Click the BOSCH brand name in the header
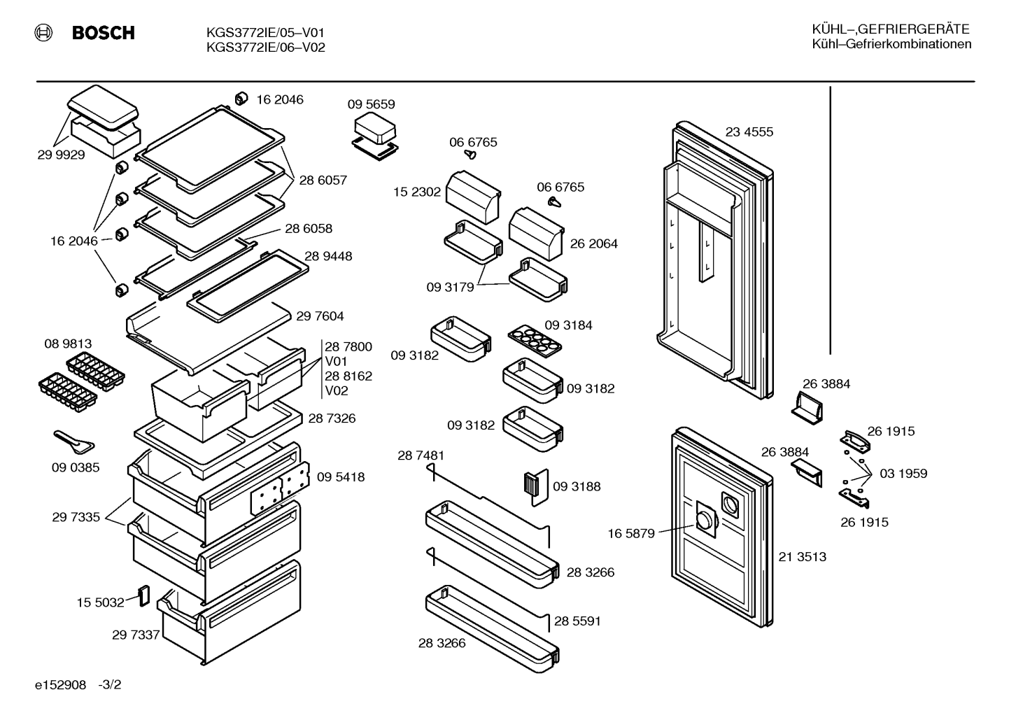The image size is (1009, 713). click(103, 33)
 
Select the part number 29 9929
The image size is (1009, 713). click(61, 155)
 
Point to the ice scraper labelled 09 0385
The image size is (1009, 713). click(74, 442)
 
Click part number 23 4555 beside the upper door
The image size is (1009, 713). click(749, 132)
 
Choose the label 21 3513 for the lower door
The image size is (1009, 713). click(803, 557)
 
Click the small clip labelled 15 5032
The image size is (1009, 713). click(144, 595)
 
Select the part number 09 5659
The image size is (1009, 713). click(371, 104)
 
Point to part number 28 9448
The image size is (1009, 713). click(328, 256)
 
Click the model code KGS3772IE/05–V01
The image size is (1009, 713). click(265, 33)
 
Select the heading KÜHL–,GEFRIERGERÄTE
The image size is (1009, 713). click(891, 29)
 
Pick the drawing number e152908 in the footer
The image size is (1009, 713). click(60, 685)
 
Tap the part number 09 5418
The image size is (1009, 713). click(341, 477)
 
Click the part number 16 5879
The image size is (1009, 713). click(631, 534)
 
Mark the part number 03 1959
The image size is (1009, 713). click(903, 474)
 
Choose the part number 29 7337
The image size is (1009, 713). click(136, 635)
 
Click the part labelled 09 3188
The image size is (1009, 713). click(536, 487)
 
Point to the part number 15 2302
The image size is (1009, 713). click(417, 192)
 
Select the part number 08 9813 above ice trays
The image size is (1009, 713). click(68, 344)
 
